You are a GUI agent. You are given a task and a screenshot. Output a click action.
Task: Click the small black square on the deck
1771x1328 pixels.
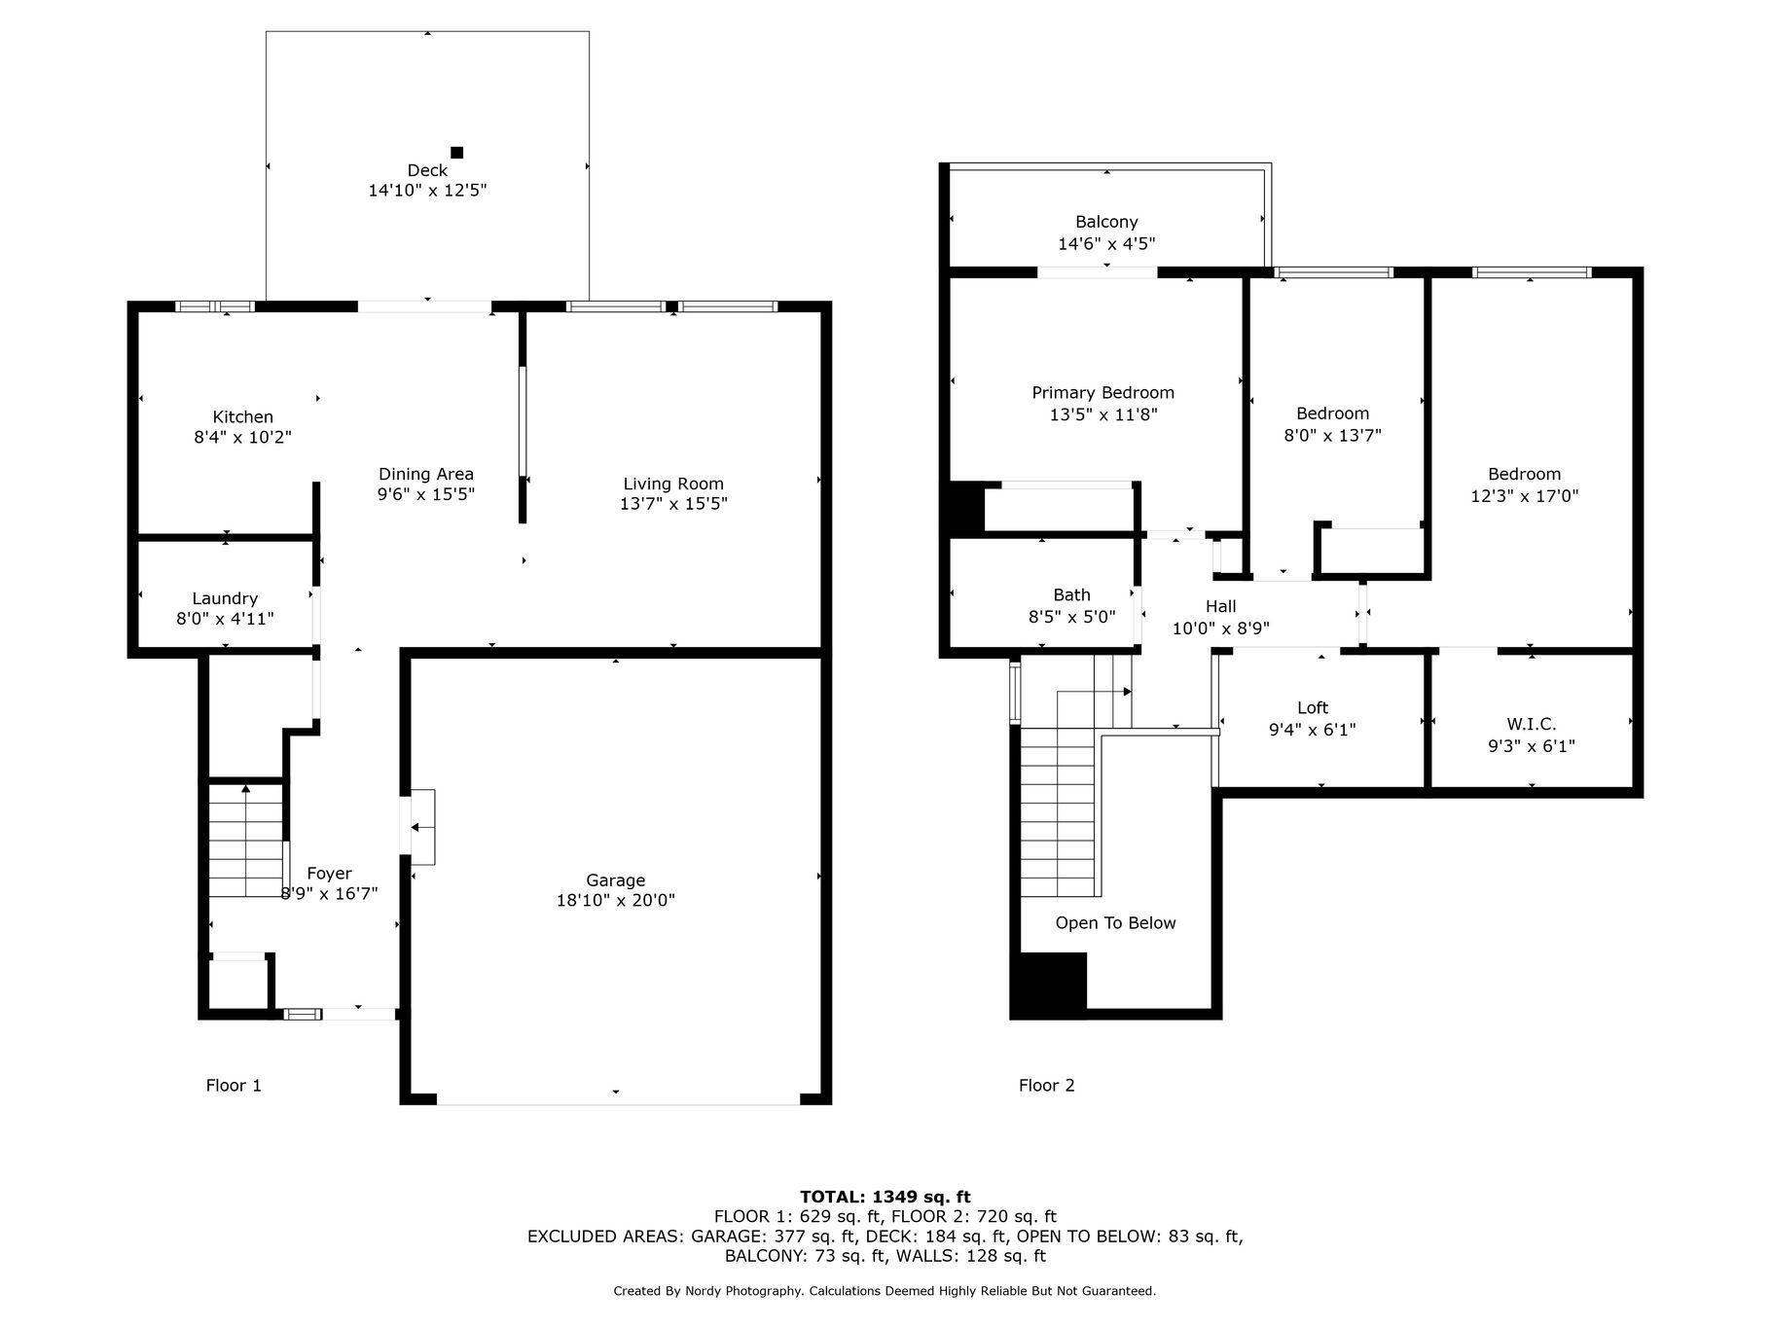457,152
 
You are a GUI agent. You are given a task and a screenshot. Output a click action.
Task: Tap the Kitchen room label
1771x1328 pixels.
243,417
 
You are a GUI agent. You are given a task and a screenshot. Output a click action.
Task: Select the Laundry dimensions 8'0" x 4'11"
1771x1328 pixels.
225,619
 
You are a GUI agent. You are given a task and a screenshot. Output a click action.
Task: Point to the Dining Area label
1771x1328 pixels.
426,474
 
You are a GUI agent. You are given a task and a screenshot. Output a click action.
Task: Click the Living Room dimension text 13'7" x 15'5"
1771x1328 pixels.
673,504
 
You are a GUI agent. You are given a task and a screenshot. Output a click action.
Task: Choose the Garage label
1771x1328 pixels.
616,881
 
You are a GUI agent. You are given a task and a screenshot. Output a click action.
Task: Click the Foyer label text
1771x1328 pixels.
329,874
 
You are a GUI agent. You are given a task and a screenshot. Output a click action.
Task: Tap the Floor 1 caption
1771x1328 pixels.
234,1086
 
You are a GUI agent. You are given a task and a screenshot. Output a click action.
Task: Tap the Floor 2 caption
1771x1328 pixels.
1047,1086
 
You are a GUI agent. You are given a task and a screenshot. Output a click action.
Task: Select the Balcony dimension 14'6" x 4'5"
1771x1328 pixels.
1106,244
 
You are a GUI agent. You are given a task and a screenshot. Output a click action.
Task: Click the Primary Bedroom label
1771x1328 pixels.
1103,393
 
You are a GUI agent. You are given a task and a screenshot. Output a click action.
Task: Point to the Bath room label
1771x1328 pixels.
1071,595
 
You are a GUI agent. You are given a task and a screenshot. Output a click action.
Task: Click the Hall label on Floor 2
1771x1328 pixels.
1221,607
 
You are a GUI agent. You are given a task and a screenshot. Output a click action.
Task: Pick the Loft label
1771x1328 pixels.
1313,708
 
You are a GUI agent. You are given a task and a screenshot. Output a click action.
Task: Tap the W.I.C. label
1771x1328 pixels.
1532,725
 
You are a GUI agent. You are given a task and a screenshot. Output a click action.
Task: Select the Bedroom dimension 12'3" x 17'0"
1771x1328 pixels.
1525,496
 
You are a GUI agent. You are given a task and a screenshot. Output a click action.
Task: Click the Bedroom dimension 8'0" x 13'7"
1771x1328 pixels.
1333,436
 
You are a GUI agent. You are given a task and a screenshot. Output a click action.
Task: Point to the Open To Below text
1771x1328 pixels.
1116,923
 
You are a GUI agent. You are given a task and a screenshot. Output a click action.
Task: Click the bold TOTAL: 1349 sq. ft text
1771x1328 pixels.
885,1198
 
